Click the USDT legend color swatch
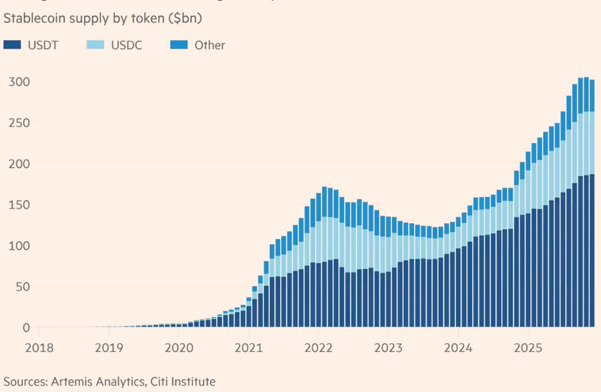[x=12, y=45]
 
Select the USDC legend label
[x=125, y=45]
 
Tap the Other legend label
[x=210, y=45]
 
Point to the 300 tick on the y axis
[x=18, y=81]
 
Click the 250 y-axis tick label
[x=18, y=123]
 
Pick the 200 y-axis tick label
[x=18, y=164]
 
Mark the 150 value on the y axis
[x=18, y=205]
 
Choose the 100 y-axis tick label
[x=18, y=246]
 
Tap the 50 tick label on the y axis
[x=21, y=287]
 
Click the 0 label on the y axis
[x=25, y=328]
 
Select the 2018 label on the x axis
[x=39, y=348]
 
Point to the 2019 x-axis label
[x=110, y=348]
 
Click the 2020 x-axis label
[x=180, y=348]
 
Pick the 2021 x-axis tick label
[x=249, y=348]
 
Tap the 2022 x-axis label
[x=319, y=348]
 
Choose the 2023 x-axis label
[x=389, y=348]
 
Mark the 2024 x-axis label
[x=459, y=348]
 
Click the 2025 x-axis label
[x=528, y=348]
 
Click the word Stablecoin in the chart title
[x=35, y=19]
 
